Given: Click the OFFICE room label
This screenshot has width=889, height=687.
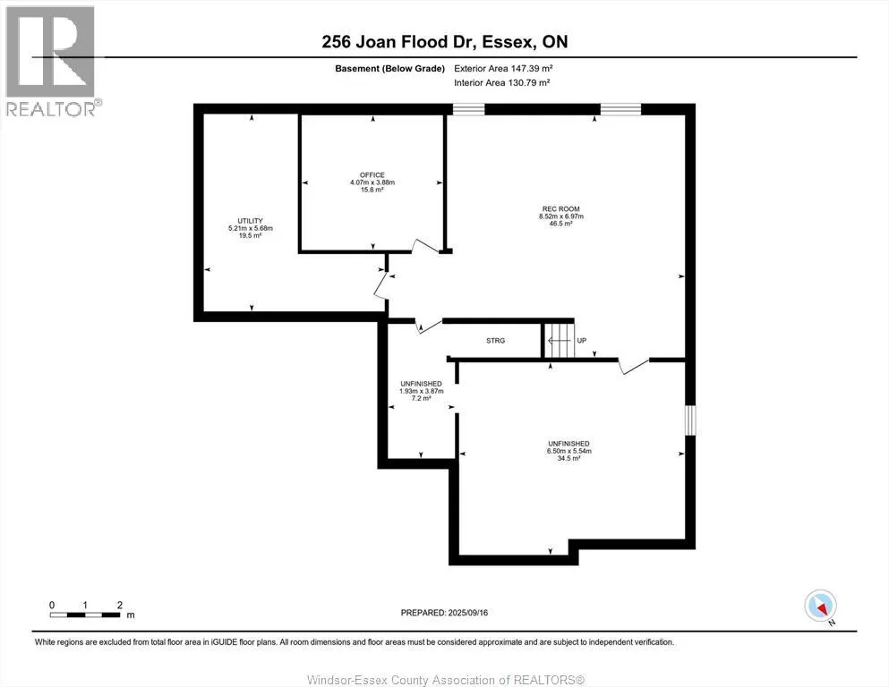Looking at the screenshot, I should (372, 174).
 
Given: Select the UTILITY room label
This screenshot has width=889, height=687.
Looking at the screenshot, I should (250, 220).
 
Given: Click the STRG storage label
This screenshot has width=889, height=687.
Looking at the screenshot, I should (495, 341).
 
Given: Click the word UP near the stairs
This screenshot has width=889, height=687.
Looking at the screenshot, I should (582, 341).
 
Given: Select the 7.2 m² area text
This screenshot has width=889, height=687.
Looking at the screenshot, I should (421, 398).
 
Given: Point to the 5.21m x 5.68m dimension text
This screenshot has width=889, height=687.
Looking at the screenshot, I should (250, 228).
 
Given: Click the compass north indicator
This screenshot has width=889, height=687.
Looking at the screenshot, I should (821, 606).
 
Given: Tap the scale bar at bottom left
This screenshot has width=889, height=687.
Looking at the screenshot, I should (86, 615).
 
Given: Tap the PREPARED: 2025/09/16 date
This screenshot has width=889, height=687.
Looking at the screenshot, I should (444, 613).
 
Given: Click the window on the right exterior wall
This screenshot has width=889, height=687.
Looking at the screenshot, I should (689, 420).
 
